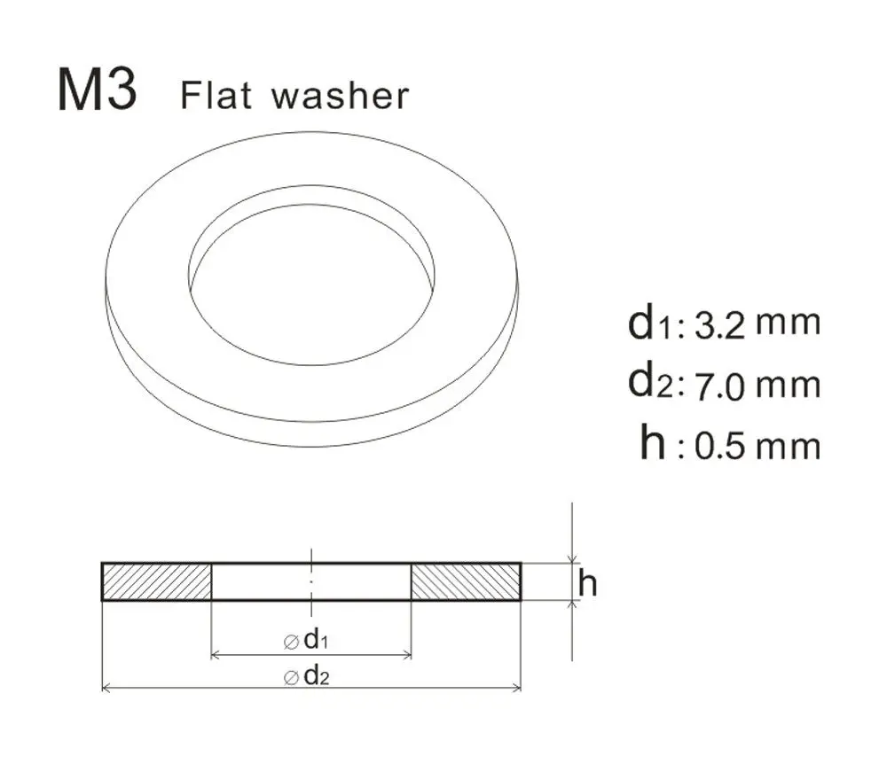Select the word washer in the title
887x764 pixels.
[341, 96]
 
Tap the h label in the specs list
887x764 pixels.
[652, 442]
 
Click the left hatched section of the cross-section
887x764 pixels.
[157, 581]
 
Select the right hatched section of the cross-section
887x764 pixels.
[466, 581]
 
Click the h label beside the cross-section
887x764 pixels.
[587, 583]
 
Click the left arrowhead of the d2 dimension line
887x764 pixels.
[106, 687]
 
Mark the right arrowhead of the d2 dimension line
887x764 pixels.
[517, 687]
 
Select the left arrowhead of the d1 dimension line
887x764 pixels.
[215, 656]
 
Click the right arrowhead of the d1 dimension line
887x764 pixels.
[408, 656]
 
